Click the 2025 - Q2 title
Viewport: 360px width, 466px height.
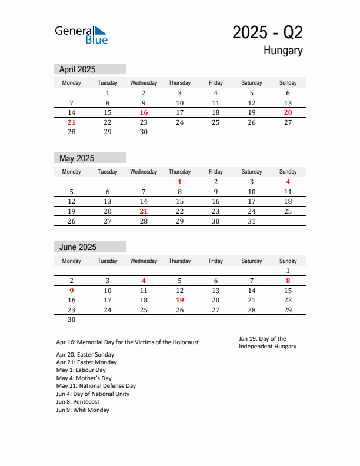click(x=267, y=32)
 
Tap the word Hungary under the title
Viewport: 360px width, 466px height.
click(x=283, y=51)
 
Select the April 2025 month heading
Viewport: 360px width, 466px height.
click(x=77, y=69)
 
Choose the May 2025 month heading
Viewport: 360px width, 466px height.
click(x=76, y=158)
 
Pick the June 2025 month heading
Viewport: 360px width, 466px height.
click(x=78, y=247)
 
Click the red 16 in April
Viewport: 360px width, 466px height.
click(x=144, y=112)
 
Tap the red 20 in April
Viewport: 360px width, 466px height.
click(x=288, y=112)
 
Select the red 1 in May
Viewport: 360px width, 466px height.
click(x=179, y=182)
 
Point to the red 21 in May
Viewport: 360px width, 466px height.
click(x=144, y=211)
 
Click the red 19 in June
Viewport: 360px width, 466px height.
click(x=179, y=300)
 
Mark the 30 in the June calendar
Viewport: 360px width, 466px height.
click(x=71, y=319)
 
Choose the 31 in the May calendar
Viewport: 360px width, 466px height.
click(x=252, y=221)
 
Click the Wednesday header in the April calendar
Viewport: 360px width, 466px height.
click(x=144, y=83)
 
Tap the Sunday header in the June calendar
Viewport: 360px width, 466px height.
click(x=288, y=261)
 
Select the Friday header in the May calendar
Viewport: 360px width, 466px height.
click(x=216, y=172)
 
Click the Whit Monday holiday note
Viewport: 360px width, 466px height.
click(x=83, y=410)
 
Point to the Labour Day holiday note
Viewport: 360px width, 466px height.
click(x=81, y=370)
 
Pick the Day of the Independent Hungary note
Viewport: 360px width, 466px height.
click(x=268, y=342)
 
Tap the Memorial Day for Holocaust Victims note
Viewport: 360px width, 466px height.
click(x=128, y=342)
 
